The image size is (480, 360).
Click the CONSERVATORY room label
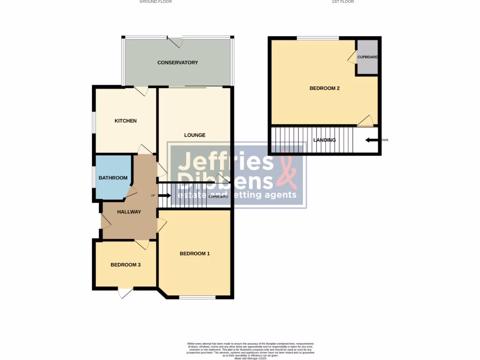click(x=178, y=62)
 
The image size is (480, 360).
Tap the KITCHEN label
click(x=126, y=121)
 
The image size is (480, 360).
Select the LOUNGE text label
click(x=195, y=135)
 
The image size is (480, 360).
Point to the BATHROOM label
click(x=112, y=178)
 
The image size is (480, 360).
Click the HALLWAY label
click(x=129, y=212)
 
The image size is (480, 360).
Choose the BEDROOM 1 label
click(x=195, y=254)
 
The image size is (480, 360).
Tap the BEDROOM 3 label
click(x=126, y=265)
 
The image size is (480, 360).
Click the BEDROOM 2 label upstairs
click(x=324, y=88)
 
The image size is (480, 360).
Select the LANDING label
click(x=324, y=140)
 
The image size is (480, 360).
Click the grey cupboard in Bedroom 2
click(x=367, y=57)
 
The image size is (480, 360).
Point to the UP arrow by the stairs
click(x=165, y=195)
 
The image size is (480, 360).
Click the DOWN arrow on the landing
click(x=373, y=140)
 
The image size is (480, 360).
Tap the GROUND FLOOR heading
click(x=156, y=2)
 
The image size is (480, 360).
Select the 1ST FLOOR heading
click(x=343, y=2)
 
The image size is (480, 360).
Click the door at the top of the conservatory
click(x=176, y=42)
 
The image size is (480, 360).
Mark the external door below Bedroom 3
click(x=125, y=293)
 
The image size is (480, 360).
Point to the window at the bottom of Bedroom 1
click(x=197, y=297)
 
